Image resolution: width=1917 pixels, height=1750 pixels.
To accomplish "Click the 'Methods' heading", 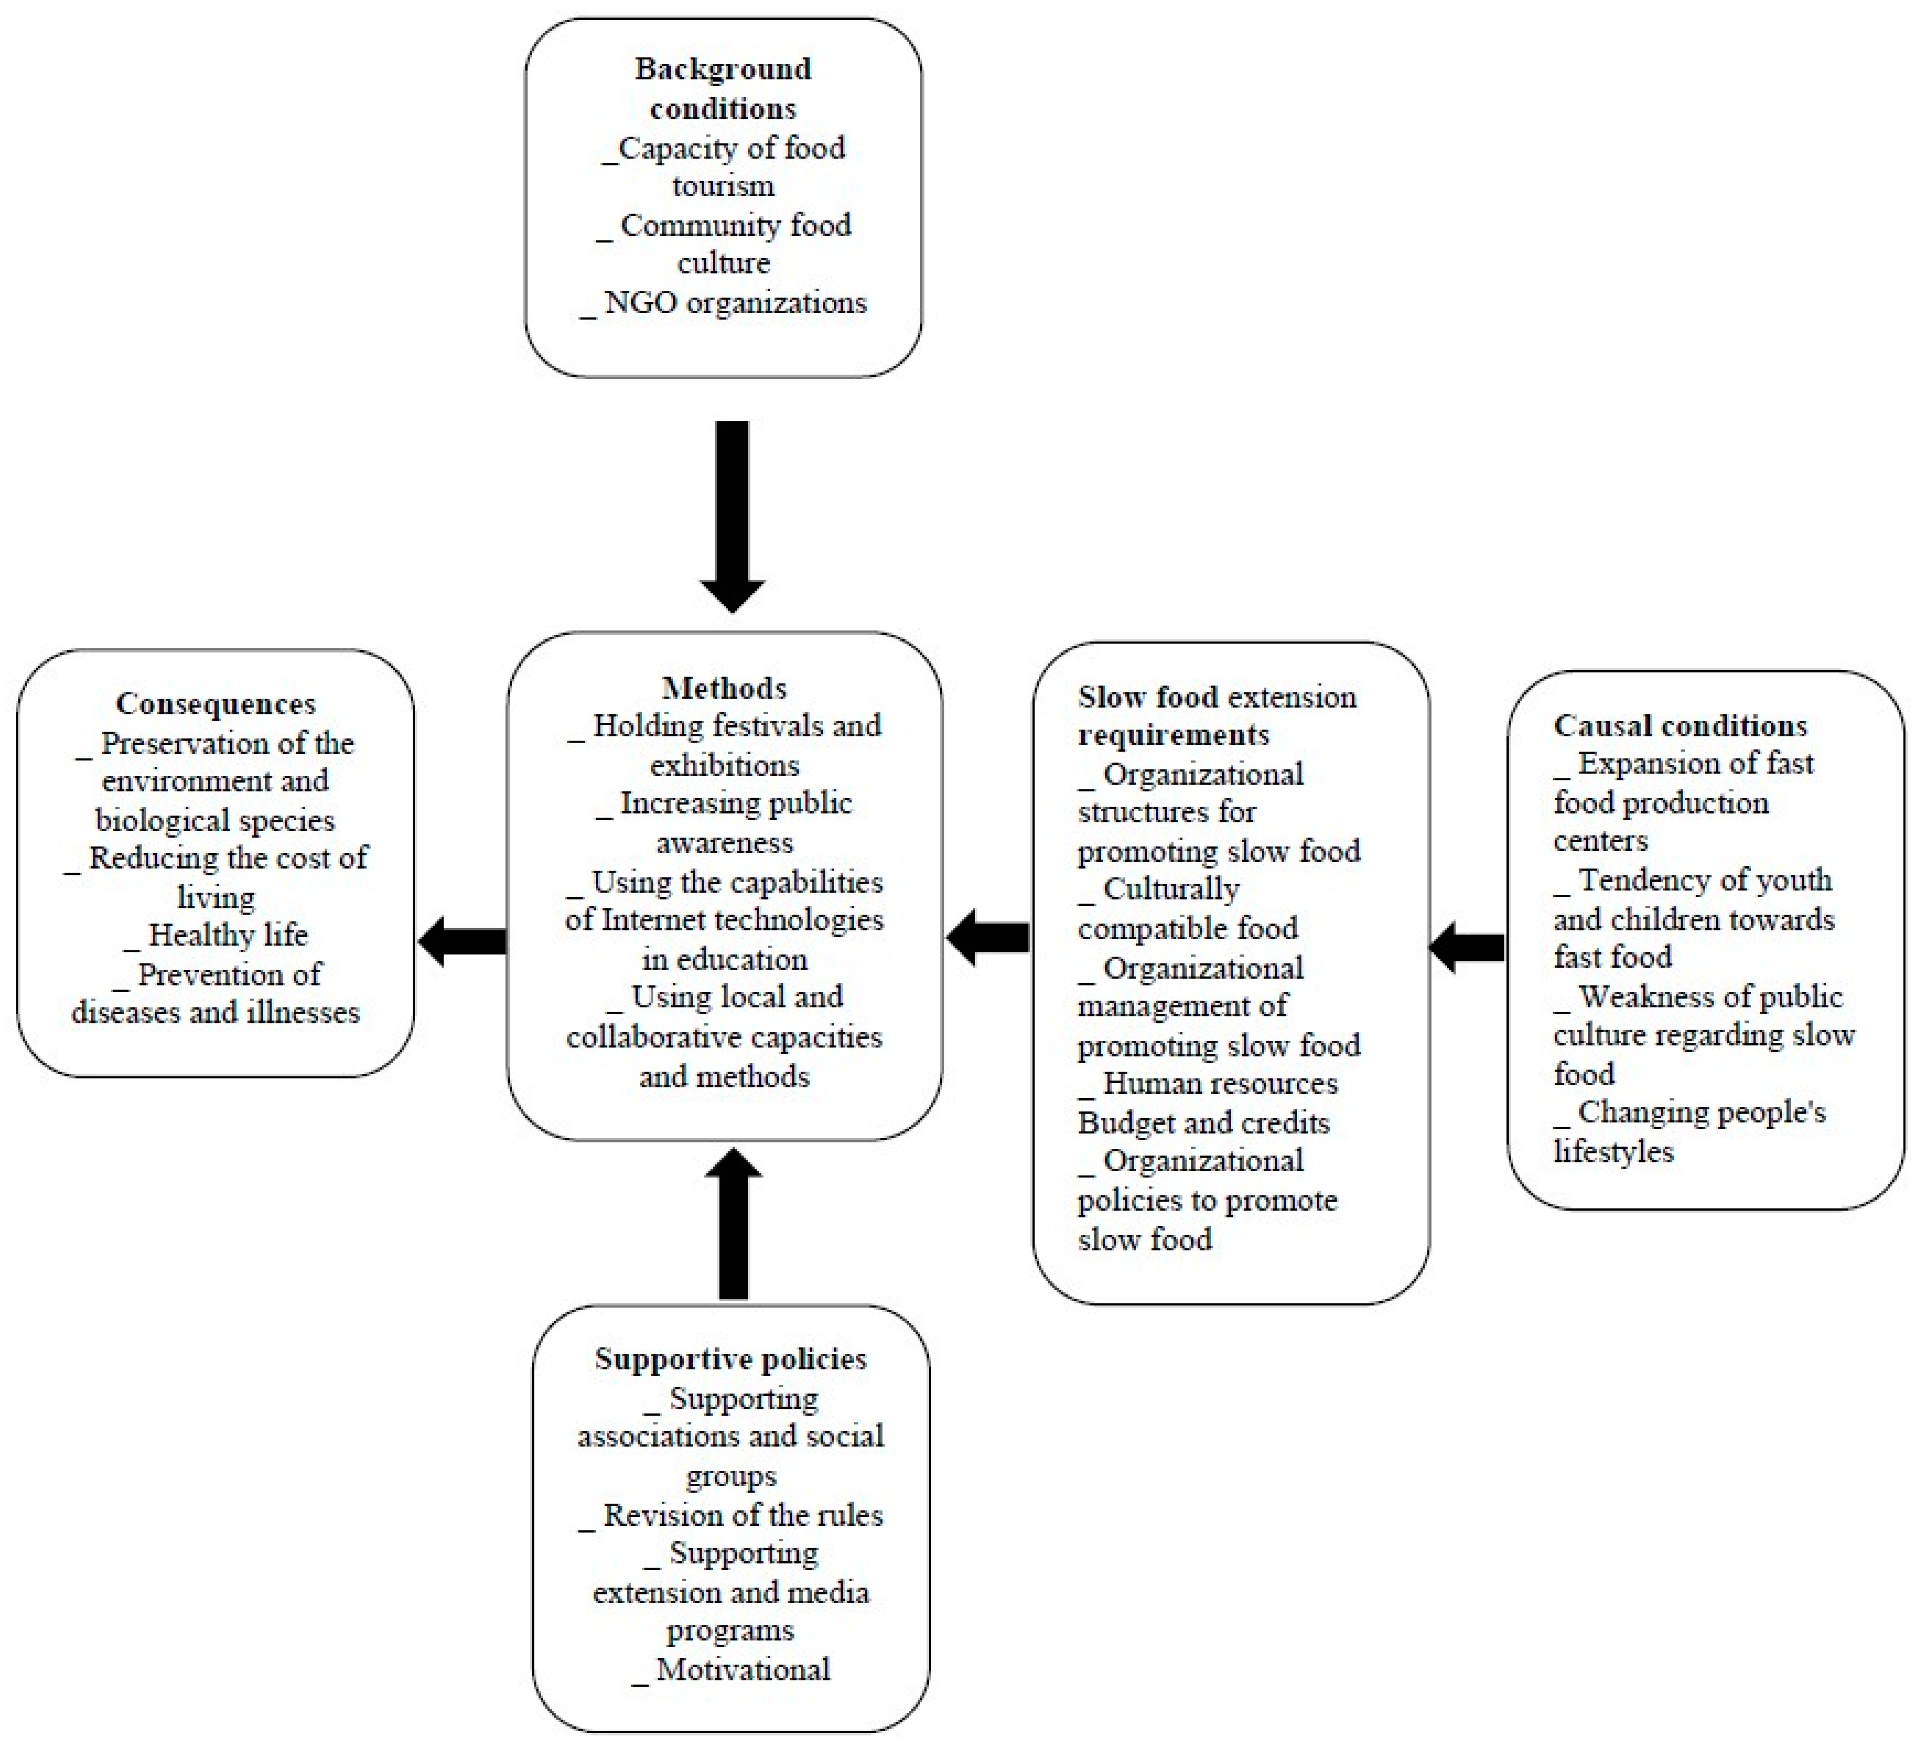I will pos(723,687).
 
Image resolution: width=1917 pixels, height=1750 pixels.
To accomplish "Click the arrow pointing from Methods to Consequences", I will pos(463,941).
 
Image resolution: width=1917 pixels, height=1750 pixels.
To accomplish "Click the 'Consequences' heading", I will pos(216,703).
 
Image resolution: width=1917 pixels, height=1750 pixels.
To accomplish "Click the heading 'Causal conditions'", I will pos(1680,725).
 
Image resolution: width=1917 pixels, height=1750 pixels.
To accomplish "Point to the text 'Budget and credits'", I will pos(1203,1123).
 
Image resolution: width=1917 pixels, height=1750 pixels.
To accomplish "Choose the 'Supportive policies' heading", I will pos(730,1358).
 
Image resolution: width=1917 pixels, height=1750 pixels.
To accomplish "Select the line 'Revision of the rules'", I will pos(743,1514).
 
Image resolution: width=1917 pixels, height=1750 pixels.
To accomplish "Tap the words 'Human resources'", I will pos(1220,1084).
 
